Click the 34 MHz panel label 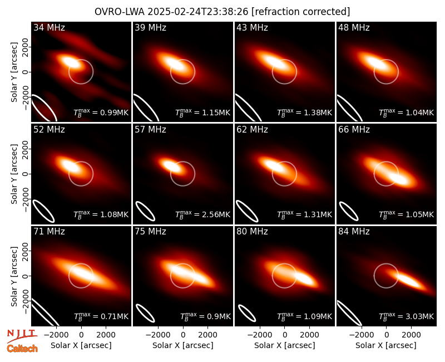point(49,27)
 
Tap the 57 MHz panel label point(150,130)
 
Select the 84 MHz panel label point(354,232)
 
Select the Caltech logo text point(22,349)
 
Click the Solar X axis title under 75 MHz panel point(183,345)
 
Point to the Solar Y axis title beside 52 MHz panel point(14,174)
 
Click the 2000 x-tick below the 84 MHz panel point(411,335)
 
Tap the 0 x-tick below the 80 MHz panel point(285,335)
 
